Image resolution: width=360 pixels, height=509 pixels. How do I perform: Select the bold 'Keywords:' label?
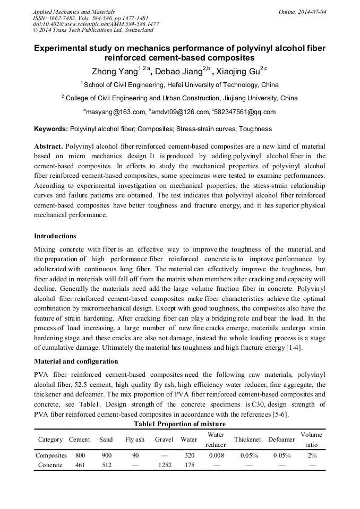click(51, 129)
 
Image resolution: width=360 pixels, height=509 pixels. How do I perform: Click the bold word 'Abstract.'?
click(48, 146)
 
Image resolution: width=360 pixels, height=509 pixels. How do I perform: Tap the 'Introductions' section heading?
click(55, 236)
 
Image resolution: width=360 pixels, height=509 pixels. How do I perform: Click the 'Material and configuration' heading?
click(76, 361)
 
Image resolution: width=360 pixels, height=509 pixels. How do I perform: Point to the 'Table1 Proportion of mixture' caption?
click(179, 424)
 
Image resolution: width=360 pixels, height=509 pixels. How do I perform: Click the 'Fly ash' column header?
click(135, 439)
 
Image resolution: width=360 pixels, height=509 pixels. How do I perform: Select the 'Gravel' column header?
click(164, 439)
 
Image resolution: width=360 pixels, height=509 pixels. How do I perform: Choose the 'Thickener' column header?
click(247, 439)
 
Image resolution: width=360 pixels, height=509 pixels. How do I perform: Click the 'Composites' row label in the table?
click(51, 455)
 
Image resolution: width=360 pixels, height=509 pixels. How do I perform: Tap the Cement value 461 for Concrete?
click(80, 465)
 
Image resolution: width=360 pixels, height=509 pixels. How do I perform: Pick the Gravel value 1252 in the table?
click(164, 465)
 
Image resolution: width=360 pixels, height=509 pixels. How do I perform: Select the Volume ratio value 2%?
click(312, 455)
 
